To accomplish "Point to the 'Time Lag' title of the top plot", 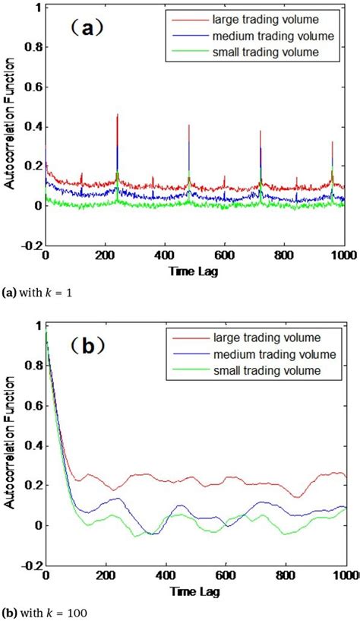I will pos(195,270).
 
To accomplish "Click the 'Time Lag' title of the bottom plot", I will pos(195,589).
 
